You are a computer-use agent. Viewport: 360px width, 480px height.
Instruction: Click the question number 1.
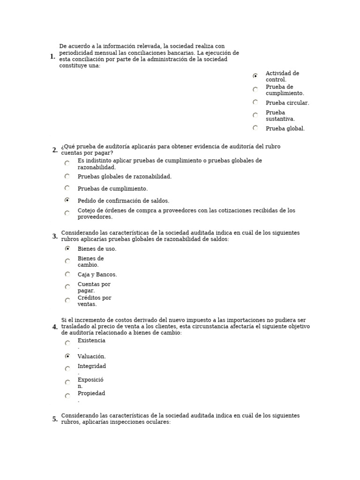[52, 57]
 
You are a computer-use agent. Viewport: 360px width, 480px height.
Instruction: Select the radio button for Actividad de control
[255, 75]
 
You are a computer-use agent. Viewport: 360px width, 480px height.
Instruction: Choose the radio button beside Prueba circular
[255, 102]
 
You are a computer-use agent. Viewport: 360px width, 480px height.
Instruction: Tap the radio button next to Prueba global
[255, 127]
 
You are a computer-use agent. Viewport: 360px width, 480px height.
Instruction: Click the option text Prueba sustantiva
[280, 116]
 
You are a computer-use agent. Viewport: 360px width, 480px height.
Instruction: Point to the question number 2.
[55, 150]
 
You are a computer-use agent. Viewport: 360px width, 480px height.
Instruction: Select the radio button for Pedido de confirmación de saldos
[67, 200]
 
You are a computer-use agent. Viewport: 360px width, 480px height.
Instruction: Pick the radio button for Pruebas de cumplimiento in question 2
[67, 188]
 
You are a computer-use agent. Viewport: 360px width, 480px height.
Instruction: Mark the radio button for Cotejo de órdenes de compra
[67, 213]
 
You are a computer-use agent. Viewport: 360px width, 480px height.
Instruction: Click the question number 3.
[55, 236]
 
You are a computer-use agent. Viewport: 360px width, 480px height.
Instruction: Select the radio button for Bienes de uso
[67, 248]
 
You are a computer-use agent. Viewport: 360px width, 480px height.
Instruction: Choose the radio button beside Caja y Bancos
[67, 274]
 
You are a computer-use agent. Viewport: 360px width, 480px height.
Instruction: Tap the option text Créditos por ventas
[94, 301]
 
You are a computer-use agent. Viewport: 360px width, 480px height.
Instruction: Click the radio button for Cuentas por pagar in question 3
[67, 286]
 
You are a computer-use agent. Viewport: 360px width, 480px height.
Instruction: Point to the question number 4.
[55, 327]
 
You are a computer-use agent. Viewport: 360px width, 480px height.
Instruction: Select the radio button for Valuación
[67, 356]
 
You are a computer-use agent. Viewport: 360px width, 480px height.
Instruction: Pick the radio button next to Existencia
[67, 343]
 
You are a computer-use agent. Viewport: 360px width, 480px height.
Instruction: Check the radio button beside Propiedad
[67, 396]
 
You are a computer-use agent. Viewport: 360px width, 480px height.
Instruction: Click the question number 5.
[55, 419]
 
